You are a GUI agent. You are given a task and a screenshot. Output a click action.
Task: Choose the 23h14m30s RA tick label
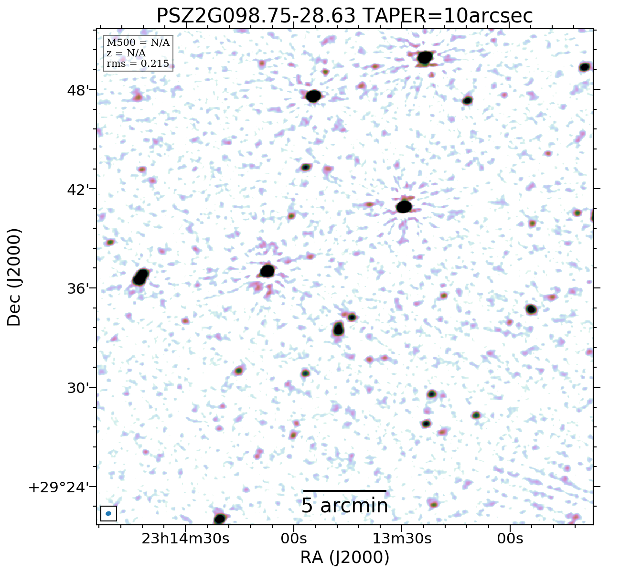click(x=186, y=539)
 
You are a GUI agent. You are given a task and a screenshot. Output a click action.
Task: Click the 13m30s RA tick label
click(x=402, y=539)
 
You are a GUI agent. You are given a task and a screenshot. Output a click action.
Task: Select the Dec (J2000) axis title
click(x=14, y=277)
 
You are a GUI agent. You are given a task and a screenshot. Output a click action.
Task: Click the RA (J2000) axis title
click(x=344, y=557)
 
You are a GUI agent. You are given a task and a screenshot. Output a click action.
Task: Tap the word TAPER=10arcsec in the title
click(x=447, y=16)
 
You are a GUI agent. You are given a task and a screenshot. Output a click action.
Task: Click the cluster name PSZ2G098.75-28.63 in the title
click(x=256, y=16)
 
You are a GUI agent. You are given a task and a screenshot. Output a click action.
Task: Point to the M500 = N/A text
click(x=138, y=43)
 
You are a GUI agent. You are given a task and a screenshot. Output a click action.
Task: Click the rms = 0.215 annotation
click(x=138, y=64)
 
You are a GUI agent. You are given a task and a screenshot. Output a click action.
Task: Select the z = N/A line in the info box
click(x=126, y=53)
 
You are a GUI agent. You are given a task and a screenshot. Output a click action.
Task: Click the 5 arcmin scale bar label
click(x=344, y=506)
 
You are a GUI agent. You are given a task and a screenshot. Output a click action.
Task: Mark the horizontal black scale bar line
click(x=344, y=490)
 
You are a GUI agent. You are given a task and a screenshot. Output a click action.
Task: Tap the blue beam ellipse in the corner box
click(x=108, y=513)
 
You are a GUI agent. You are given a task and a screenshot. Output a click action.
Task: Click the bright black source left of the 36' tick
click(x=140, y=277)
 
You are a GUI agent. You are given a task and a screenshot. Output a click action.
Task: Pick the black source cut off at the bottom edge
click(x=220, y=519)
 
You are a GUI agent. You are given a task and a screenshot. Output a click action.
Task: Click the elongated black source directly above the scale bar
click(x=338, y=329)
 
